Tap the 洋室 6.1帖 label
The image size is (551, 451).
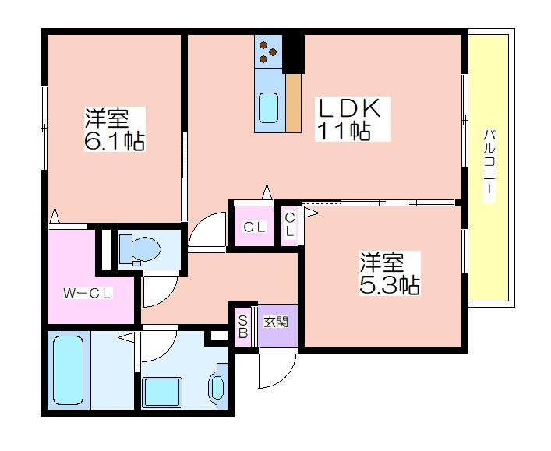point(115,129)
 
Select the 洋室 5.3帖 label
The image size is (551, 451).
point(390,273)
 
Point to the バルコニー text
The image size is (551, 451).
point(489,165)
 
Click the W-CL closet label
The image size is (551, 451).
point(87,294)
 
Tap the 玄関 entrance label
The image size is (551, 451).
point(276,322)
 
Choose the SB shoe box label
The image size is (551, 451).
point(243,326)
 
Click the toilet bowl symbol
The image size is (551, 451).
point(140,248)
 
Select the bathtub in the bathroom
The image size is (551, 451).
point(68,370)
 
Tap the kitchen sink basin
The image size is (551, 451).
point(269,107)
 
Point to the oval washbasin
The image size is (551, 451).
point(218,387)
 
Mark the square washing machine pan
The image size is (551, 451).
point(161,392)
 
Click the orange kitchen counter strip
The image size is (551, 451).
point(293,103)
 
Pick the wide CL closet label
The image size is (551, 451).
point(254,227)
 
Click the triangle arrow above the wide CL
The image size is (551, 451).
point(267,192)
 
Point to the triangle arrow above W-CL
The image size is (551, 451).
point(54,215)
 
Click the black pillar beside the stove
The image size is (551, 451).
point(293,54)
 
